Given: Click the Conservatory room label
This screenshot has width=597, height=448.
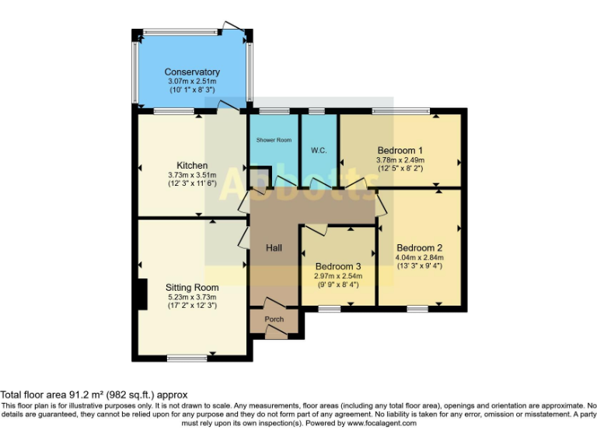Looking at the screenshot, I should [x=192, y=72].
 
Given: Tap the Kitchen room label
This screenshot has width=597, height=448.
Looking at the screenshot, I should [x=192, y=166].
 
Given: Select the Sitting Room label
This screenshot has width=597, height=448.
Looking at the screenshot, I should [x=192, y=288].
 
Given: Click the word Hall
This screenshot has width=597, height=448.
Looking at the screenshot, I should [x=274, y=248].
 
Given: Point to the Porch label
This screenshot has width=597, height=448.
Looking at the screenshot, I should [x=274, y=319].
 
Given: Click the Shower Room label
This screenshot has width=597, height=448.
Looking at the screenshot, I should [x=274, y=140].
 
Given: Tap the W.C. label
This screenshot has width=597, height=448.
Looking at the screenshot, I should [x=318, y=149].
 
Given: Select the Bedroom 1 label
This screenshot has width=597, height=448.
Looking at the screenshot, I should [x=400, y=150].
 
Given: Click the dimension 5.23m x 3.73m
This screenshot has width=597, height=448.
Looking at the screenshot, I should [x=192, y=296].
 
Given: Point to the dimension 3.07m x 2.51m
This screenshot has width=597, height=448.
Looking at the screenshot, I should [x=192, y=82].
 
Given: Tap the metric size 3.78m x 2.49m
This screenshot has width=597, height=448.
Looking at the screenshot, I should [x=400, y=159].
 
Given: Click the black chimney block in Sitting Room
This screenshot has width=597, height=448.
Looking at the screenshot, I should [x=140, y=295].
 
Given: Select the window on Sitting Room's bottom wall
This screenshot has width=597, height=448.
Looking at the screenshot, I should [x=187, y=358].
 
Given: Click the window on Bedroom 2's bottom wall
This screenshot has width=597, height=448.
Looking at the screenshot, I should [x=417, y=309].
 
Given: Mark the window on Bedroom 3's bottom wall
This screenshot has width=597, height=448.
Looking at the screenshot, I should [x=329, y=309].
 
